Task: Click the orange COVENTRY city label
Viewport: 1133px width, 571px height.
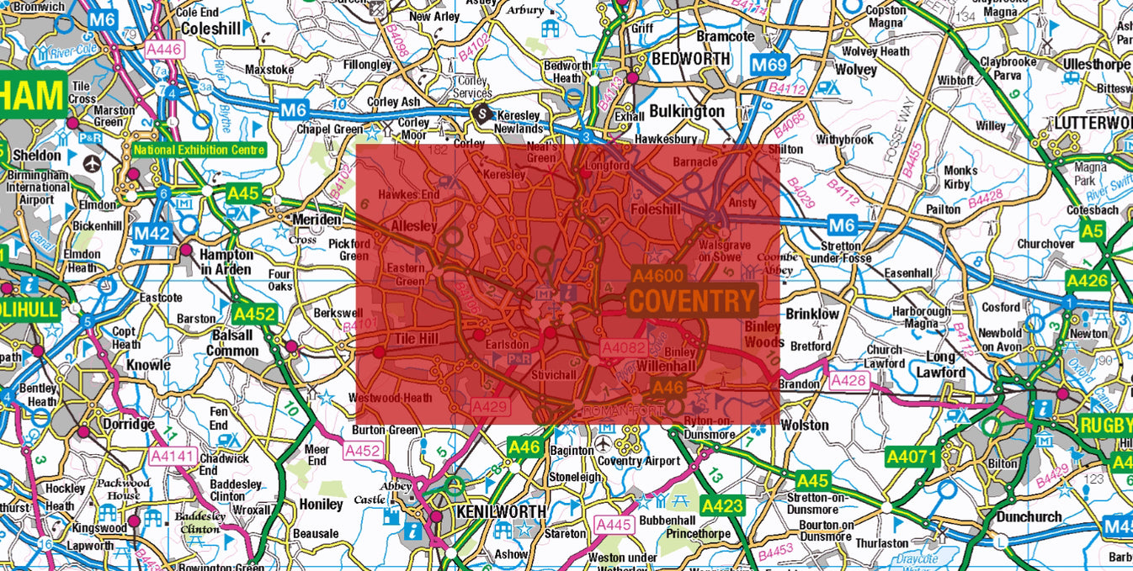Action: [692, 301]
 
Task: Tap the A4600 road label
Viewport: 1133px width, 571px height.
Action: [659, 275]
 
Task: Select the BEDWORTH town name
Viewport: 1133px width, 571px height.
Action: [689, 59]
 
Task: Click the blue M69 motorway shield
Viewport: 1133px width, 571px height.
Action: [769, 65]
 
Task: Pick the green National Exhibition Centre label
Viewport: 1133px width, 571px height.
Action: [198, 151]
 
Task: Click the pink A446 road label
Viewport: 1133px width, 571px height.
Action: [164, 50]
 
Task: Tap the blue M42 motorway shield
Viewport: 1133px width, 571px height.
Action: [152, 234]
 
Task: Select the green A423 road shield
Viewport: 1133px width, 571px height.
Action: [722, 505]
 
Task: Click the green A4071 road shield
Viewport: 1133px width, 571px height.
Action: [911, 457]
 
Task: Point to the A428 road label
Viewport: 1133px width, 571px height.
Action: [849, 382]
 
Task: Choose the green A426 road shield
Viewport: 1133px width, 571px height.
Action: [1088, 281]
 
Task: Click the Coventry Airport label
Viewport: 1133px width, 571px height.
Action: [638, 461]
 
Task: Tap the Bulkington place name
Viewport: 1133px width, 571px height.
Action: [686, 111]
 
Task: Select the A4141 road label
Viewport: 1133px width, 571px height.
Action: [172, 456]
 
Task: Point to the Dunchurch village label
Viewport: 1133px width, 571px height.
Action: [1031, 516]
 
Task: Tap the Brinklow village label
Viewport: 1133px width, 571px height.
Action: [812, 314]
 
